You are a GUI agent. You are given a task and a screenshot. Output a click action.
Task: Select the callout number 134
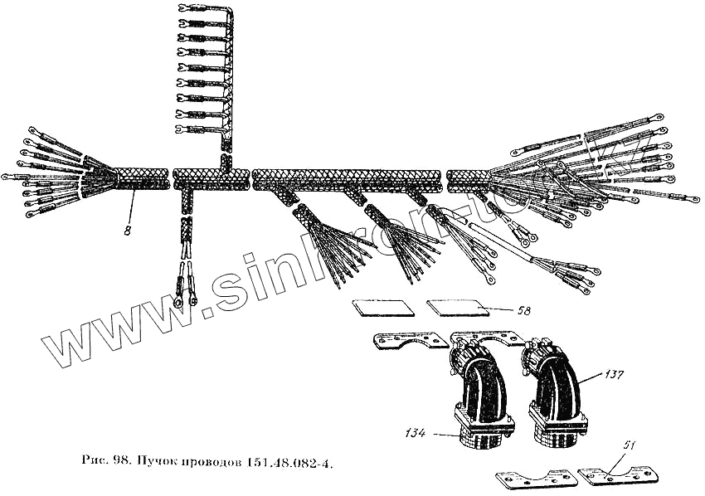[416, 432]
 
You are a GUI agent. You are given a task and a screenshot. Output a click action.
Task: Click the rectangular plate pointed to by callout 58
[455, 308]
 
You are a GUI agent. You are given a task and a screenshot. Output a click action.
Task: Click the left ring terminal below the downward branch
[178, 301]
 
